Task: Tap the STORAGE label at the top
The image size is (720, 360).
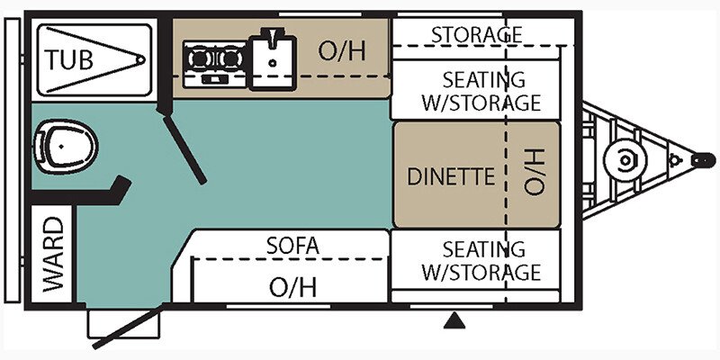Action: [476, 34]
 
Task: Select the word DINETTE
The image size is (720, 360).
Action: [452, 176]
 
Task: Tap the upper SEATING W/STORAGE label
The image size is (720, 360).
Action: [481, 91]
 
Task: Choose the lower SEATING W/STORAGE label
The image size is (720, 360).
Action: [481, 260]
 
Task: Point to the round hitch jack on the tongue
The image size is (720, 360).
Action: [622, 160]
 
